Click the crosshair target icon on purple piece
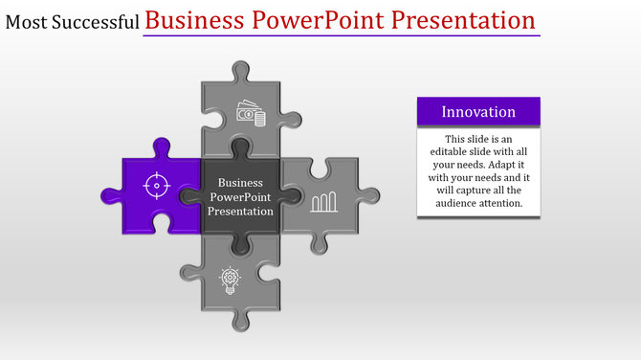click(x=156, y=183)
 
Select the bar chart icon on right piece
click(x=324, y=201)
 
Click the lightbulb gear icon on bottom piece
click(x=230, y=279)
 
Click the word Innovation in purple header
click(x=478, y=112)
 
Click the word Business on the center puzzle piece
click(x=240, y=182)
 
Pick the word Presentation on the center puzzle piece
click(x=240, y=211)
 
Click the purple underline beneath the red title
click(x=342, y=36)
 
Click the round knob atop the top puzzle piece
click(x=241, y=70)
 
